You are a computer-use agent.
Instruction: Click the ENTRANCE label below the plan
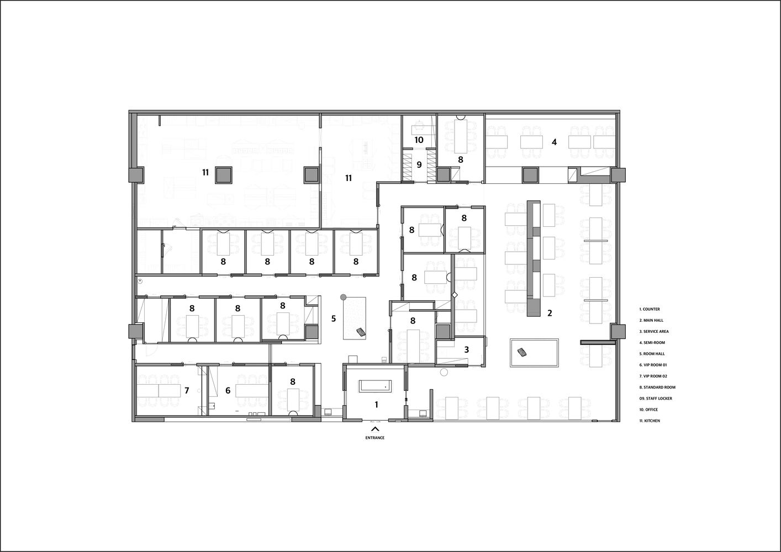[374, 438]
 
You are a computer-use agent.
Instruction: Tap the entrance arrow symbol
[375, 428]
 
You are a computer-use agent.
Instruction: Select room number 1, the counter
[377, 405]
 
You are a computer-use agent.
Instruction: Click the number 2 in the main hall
[550, 313]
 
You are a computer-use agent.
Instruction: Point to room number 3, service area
[467, 349]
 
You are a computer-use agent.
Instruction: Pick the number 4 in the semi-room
[554, 142]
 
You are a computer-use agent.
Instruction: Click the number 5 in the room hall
[333, 318]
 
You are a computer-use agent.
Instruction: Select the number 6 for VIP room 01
[228, 390]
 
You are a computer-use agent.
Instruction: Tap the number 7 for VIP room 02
[187, 390]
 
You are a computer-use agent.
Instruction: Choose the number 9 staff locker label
[419, 164]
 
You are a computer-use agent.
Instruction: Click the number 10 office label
[419, 140]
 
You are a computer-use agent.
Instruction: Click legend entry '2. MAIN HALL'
[651, 320]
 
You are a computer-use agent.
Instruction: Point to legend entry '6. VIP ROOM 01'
[653, 365]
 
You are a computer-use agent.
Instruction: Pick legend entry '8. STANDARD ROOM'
[657, 387]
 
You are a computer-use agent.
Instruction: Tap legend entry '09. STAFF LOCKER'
[656, 398]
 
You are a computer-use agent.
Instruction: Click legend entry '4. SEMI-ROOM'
[652, 342]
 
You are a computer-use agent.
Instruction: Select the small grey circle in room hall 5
[343, 296]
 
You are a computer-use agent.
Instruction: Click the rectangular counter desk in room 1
[376, 386]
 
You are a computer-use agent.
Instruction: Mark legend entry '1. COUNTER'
[650, 309]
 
